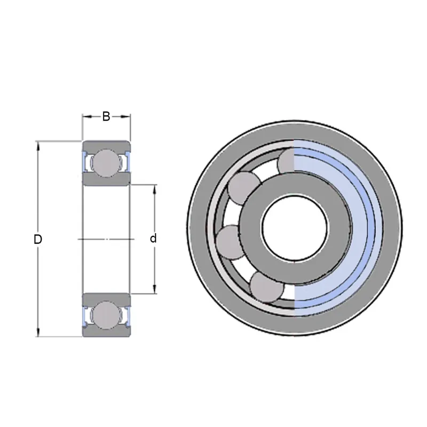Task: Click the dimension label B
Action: click(x=106, y=116)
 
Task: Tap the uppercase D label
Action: click(x=38, y=240)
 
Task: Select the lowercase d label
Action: click(x=153, y=239)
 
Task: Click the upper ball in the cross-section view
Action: click(x=106, y=162)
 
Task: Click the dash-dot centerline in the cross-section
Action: click(x=106, y=239)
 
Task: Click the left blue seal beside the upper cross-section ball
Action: click(x=84, y=162)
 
